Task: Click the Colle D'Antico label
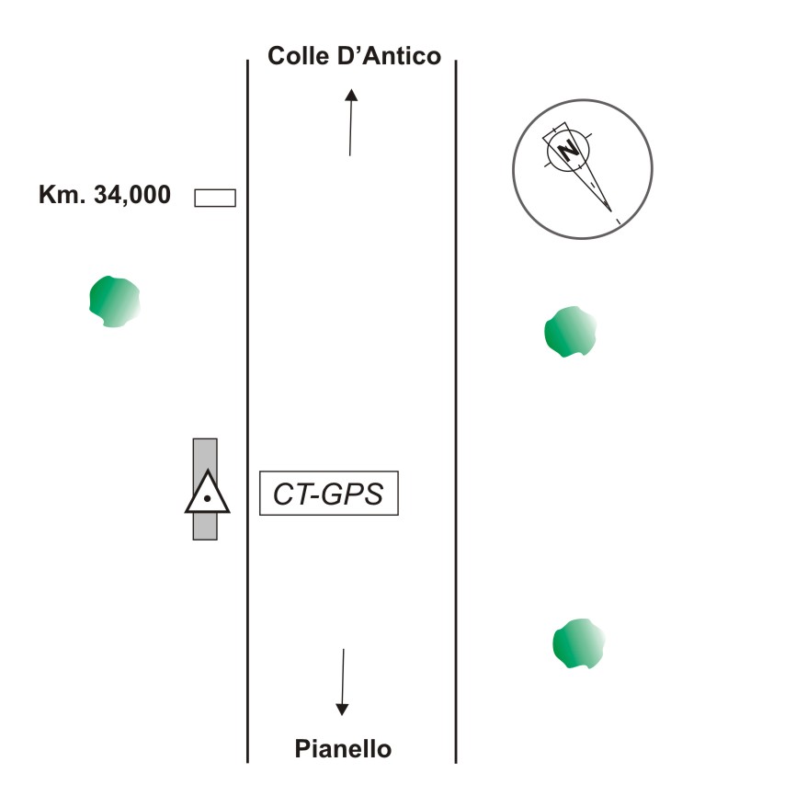(354, 57)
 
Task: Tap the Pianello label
(343, 749)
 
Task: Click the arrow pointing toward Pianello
(343, 681)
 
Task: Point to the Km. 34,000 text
(104, 195)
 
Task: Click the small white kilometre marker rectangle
(215, 197)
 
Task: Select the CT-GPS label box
(329, 495)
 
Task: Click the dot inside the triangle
(208, 499)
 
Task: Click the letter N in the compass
(571, 150)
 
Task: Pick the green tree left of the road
(114, 301)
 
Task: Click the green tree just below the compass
(570, 332)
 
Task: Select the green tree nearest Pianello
(578, 642)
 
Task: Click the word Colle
(295, 57)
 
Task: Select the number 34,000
(130, 195)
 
